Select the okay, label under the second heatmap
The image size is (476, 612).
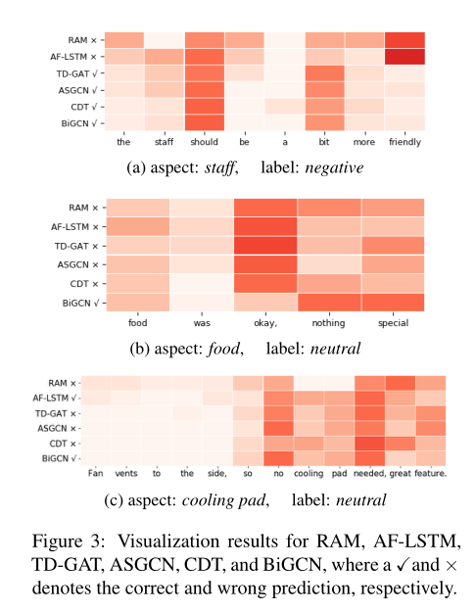264,320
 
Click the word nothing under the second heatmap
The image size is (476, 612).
329,320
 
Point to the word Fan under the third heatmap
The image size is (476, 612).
94,474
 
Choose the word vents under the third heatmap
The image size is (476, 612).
125,474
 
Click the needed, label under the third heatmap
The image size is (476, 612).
368,474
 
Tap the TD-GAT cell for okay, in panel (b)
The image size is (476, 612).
264,245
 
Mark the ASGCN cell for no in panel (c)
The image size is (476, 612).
279,428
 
